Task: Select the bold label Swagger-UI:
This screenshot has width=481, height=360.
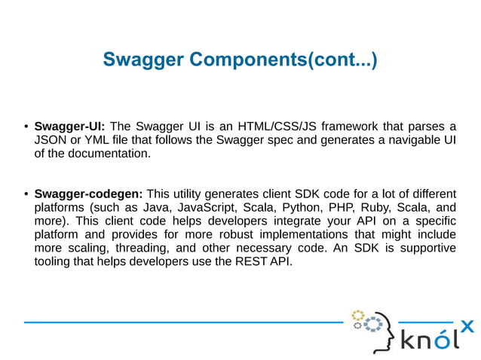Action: pos(70,126)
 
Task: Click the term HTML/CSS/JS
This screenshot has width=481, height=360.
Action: pos(272,126)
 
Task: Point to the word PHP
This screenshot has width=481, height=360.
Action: pos(342,207)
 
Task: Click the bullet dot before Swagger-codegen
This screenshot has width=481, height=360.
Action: pos(26,194)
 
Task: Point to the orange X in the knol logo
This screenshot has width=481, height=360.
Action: pos(467,326)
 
